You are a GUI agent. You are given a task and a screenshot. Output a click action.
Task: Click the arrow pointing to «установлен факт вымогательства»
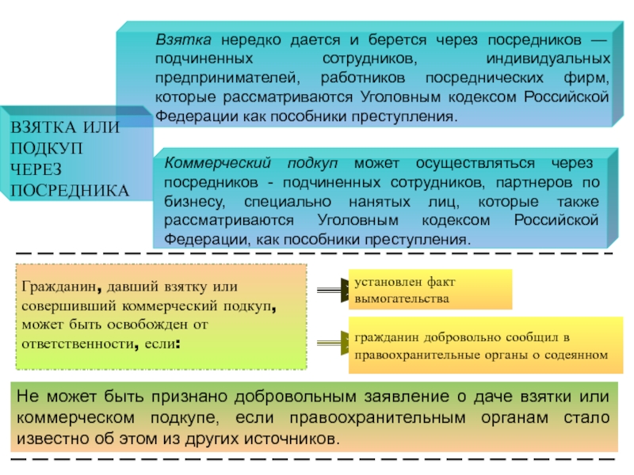(x=332, y=289)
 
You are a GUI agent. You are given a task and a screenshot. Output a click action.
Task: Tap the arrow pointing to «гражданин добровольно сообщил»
(x=332, y=343)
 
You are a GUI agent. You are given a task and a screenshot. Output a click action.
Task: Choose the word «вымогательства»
(x=402, y=299)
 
